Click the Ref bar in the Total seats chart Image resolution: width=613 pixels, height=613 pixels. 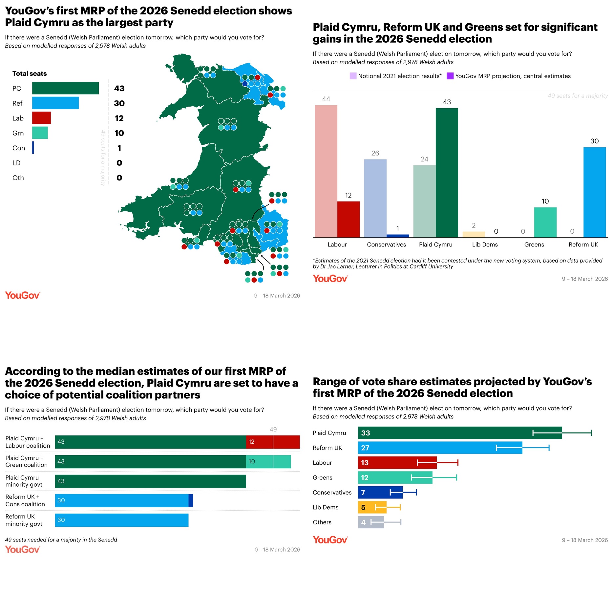click(55, 103)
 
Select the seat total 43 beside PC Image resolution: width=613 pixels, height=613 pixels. click(119, 88)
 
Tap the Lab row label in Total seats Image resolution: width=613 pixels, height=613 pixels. click(18, 118)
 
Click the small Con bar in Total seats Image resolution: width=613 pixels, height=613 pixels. click(33, 148)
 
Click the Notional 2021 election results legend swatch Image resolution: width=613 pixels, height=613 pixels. click(353, 76)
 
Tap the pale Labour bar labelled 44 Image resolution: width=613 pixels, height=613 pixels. click(326, 171)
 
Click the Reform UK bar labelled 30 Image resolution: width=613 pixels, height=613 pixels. click(594, 192)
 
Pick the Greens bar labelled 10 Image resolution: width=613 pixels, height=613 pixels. click(545, 222)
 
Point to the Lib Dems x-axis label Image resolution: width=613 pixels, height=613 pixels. click(485, 244)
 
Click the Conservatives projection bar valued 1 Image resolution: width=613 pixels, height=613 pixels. click(397, 236)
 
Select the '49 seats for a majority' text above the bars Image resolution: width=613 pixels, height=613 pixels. click(577, 96)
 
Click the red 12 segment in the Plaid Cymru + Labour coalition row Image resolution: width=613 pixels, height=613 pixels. click(272, 442)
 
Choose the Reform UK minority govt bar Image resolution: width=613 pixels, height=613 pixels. click(121, 520)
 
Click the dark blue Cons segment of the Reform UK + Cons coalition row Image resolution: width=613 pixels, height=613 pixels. click(191, 500)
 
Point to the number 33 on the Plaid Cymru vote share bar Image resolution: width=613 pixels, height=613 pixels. click(365, 433)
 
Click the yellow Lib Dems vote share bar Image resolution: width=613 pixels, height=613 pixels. click(372, 507)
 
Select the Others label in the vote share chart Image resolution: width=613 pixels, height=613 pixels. click(322, 522)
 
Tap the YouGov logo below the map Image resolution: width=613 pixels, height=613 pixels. click(22, 295)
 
